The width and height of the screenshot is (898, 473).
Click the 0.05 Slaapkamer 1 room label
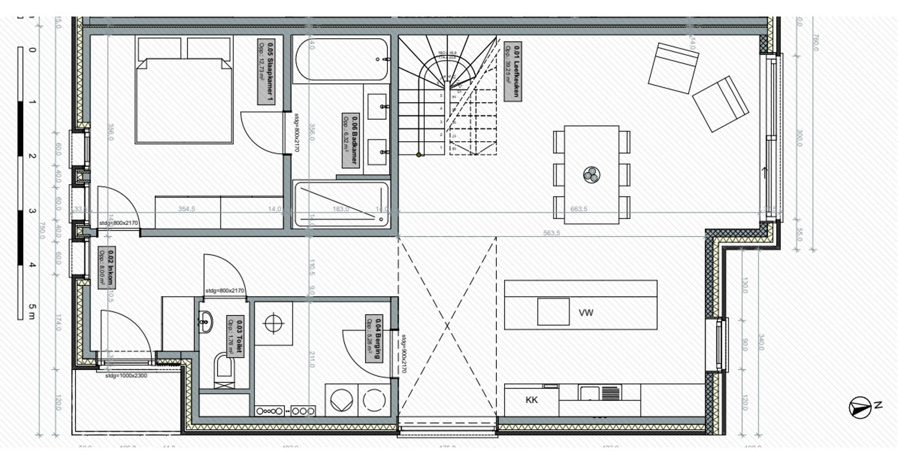click(266, 72)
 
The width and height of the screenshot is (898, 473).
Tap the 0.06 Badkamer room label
click(351, 140)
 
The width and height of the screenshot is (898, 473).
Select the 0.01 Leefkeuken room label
click(513, 71)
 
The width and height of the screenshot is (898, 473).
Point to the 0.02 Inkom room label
click(107, 268)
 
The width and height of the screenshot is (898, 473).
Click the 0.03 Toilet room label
click(235, 336)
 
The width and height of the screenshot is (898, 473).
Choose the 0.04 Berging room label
click(374, 338)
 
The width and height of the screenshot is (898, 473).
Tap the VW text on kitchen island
click(586, 313)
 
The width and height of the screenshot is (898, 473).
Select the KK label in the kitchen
click(532, 400)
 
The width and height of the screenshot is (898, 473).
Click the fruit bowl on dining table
click(591, 174)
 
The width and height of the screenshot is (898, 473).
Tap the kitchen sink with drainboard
click(600, 393)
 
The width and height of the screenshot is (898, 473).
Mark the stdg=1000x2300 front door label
click(126, 376)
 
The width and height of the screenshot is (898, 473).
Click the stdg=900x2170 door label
click(403, 354)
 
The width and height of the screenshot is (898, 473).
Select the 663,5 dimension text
click(578, 209)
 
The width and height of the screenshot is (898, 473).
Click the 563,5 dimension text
click(551, 233)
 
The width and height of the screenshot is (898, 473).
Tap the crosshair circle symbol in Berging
click(273, 324)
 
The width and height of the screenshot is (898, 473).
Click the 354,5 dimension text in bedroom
click(186, 209)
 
